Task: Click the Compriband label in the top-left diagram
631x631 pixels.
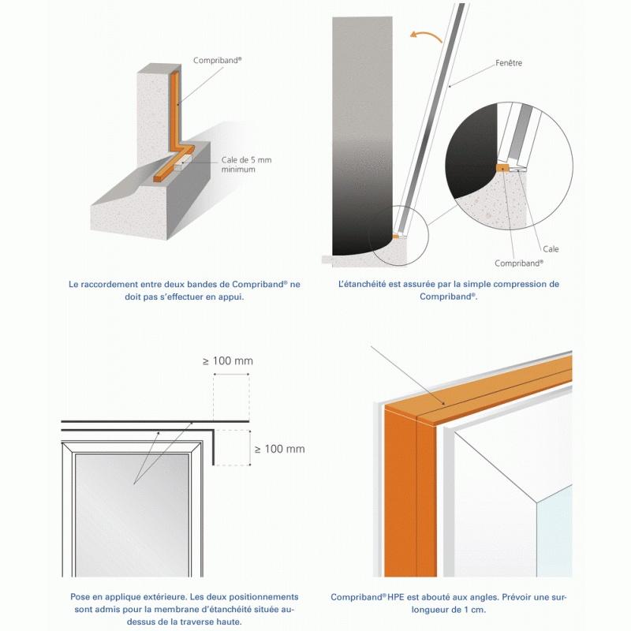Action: coord(218,61)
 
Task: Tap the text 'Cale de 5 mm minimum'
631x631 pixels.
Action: coord(246,165)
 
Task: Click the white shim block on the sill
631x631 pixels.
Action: coord(182,162)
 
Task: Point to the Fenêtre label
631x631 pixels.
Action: coord(509,63)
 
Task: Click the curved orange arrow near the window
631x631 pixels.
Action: coord(426,35)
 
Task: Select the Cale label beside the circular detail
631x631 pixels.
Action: coord(551,249)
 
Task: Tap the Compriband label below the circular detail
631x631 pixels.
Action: coord(519,263)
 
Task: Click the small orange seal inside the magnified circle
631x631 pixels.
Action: coord(502,167)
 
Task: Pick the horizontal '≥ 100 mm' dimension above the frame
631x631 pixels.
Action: coord(228,361)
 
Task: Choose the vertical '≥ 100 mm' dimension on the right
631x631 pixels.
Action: coord(280,449)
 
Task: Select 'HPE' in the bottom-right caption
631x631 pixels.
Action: coord(396,597)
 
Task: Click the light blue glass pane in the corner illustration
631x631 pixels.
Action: coord(554,531)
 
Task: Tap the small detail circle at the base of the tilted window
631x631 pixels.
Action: coord(399,235)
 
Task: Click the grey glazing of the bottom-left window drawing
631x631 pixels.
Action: coord(132,515)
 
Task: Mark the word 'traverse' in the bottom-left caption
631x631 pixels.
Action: coord(189,622)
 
